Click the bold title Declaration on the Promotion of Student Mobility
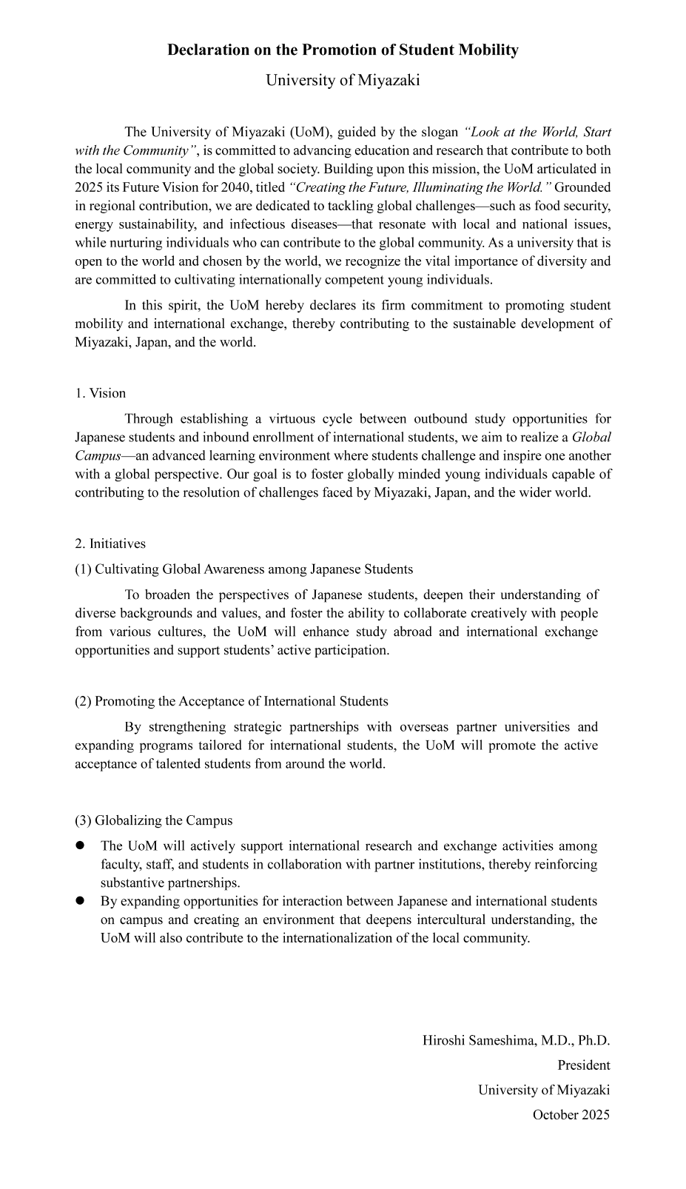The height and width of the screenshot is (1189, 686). tap(343, 50)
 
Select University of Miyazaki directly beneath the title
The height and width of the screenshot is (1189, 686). tap(343, 80)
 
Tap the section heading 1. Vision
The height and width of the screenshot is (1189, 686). tap(101, 393)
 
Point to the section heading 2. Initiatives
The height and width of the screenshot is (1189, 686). tap(110, 544)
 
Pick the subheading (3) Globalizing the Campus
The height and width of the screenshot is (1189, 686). tap(153, 820)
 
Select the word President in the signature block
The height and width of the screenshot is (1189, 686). tap(584, 1065)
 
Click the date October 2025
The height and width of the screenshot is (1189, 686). tap(571, 1114)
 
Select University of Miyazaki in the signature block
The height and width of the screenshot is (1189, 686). tap(544, 1090)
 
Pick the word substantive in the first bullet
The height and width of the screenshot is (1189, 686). tap(134, 882)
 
